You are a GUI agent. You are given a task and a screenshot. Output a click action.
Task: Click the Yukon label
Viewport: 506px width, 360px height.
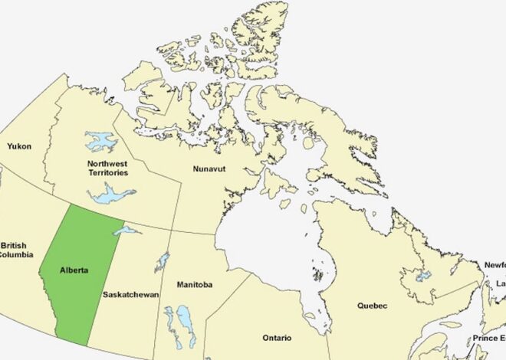tap(20, 146)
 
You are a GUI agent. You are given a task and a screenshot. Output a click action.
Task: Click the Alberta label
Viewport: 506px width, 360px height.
tap(74, 270)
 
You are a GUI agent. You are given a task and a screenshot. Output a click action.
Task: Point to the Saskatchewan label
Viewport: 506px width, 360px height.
tap(130, 294)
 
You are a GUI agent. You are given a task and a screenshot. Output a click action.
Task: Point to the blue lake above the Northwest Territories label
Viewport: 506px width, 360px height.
tap(100, 141)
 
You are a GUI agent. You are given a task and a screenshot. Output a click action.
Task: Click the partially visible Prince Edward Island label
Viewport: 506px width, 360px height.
tap(488, 338)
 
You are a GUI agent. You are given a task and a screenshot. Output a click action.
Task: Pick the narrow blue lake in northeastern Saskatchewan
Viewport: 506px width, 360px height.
tap(162, 262)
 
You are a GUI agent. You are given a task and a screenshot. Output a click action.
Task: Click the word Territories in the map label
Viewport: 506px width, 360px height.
tap(107, 172)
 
